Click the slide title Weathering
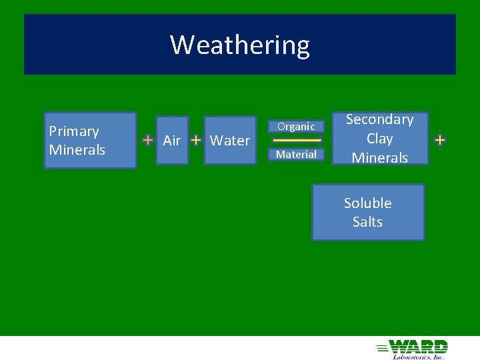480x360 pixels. point(240,45)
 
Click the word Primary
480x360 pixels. point(74,131)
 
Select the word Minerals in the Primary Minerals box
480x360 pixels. point(77,150)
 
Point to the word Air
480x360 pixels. point(172,141)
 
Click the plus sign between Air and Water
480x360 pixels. point(196,140)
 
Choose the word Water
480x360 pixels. point(230,141)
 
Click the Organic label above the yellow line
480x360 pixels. point(296,126)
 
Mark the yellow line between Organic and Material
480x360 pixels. point(297,141)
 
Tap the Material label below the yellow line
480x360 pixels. point(296,154)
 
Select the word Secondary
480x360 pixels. point(380,119)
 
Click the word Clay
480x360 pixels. point(380,139)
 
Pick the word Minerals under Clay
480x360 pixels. point(380,158)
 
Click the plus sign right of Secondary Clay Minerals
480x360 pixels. point(440,140)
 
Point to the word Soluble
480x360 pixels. point(368,203)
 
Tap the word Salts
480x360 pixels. point(368,222)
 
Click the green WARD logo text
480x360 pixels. point(419,346)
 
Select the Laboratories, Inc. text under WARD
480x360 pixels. point(418,356)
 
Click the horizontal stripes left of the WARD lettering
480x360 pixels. point(383,347)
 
